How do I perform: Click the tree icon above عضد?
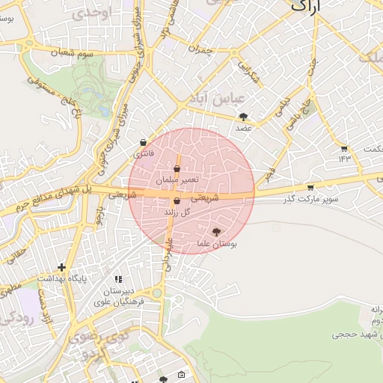click(x=244, y=117)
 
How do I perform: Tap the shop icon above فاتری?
click(x=143, y=142)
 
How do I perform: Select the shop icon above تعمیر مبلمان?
click(x=177, y=169)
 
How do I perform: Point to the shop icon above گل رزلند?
click(x=177, y=201)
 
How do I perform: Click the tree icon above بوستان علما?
click(x=217, y=233)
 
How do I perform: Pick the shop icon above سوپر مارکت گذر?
click(x=310, y=187)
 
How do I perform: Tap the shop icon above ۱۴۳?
click(x=343, y=148)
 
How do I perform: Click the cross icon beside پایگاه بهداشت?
click(x=61, y=267)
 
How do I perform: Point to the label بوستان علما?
click(x=217, y=245)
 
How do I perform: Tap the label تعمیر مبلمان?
click(x=177, y=180)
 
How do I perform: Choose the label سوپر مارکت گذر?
click(x=310, y=199)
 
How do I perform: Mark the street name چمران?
click(x=201, y=50)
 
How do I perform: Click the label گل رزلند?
click(x=177, y=212)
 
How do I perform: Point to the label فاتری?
click(x=141, y=154)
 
